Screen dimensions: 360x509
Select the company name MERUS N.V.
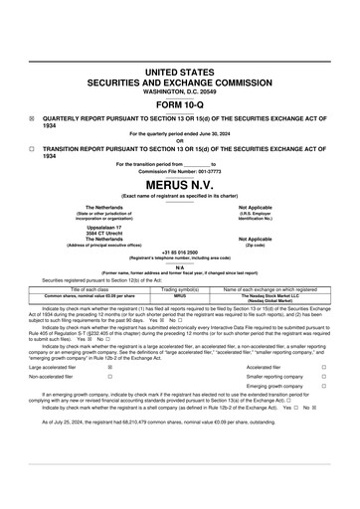coord(179,185)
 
